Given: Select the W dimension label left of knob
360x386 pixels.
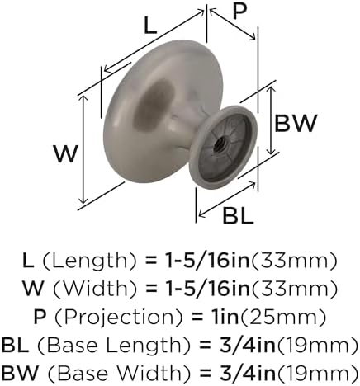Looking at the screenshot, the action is (x=66, y=154).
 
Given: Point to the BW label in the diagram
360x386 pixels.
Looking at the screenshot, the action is (x=296, y=124).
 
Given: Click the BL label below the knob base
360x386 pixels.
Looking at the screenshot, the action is (x=238, y=216).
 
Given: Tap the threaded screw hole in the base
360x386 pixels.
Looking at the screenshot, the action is (x=220, y=144).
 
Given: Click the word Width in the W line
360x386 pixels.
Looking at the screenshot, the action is (x=95, y=289).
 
